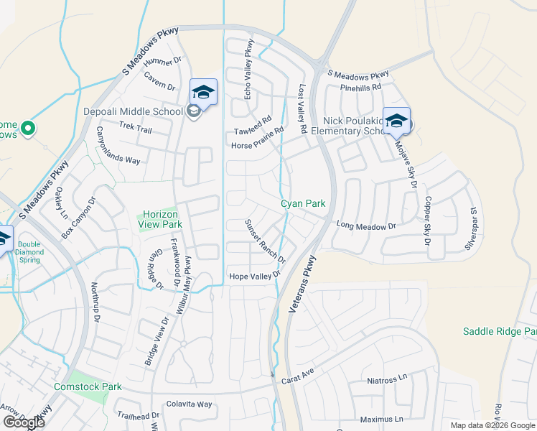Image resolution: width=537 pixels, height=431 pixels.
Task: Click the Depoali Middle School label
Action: click(133, 111)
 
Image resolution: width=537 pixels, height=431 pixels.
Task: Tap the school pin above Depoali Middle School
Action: click(203, 93)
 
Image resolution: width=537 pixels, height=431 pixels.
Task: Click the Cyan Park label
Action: click(303, 204)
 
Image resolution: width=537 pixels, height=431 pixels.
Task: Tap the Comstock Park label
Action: click(88, 386)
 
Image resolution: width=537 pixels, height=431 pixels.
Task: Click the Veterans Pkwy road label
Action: click(301, 284)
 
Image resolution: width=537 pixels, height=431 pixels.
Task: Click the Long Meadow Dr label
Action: click(366, 226)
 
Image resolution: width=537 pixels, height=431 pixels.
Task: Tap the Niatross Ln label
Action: click(386, 379)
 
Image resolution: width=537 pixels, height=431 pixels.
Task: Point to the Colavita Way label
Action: click(189, 404)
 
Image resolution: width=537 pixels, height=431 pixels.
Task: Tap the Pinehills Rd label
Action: click(362, 88)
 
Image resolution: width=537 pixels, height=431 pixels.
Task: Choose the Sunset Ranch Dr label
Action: click(266, 241)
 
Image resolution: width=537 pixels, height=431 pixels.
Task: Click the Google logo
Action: click(24, 422)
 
